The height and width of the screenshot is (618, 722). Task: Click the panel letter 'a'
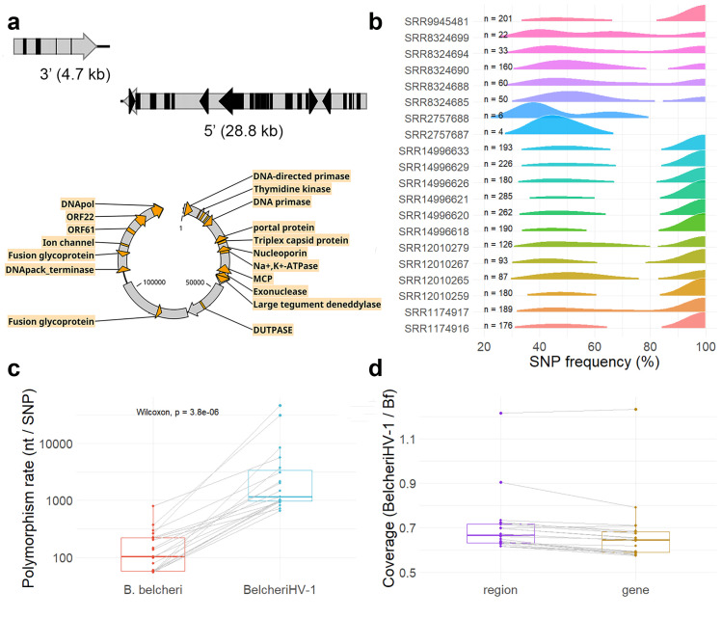click(16, 16)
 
